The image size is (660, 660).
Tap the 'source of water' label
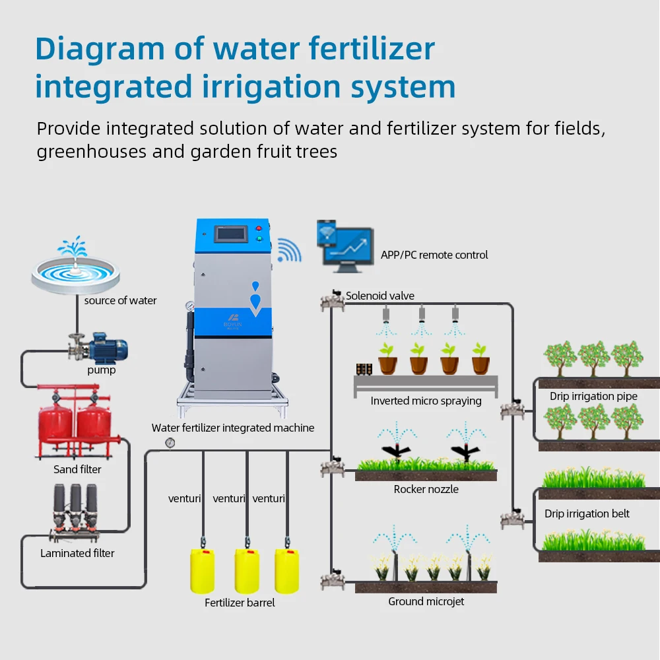click(x=120, y=301)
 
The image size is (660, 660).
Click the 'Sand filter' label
click(x=77, y=470)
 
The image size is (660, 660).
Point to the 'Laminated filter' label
click(x=77, y=553)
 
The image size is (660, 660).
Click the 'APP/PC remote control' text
click(x=434, y=255)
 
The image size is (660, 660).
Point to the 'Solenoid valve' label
click(x=380, y=296)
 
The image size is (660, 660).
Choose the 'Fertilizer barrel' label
click(x=240, y=603)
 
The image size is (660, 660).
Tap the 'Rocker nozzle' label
click(x=426, y=489)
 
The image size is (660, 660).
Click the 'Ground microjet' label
click(x=426, y=601)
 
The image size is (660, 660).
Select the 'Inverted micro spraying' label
click(x=426, y=401)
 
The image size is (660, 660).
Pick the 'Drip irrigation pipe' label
click(x=593, y=397)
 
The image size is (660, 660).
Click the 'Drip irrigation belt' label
click(x=587, y=513)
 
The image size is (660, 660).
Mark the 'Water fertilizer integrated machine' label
click(x=233, y=428)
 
